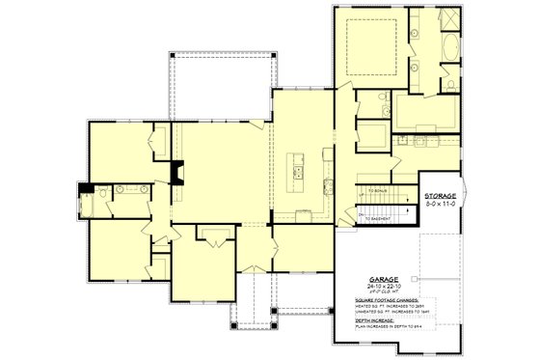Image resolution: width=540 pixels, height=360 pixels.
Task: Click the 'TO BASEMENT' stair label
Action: coord(381,219)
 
